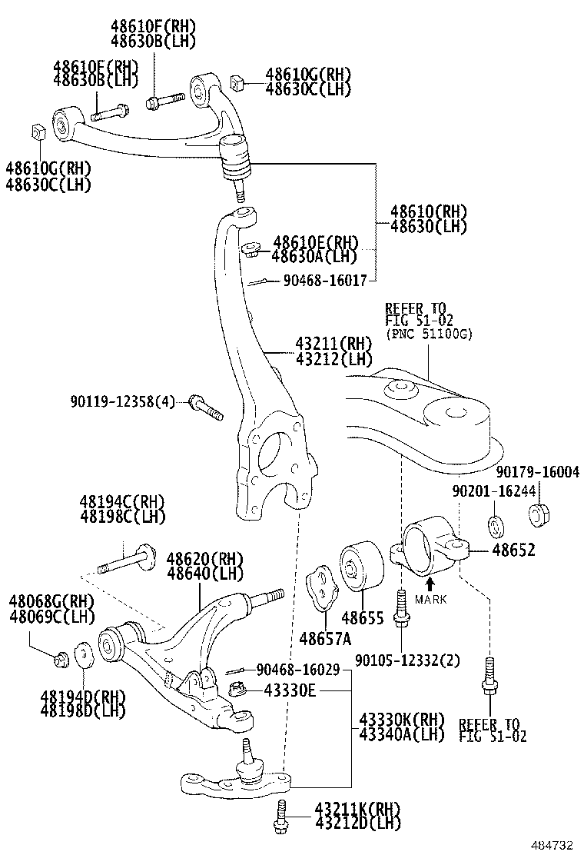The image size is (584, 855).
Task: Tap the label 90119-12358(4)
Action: [123, 401]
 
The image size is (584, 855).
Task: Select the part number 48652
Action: [513, 551]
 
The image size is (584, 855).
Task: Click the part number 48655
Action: [363, 617]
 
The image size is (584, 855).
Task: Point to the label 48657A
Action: [325, 637]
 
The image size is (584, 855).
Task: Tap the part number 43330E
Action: [290, 690]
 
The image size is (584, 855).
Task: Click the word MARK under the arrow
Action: [430, 599]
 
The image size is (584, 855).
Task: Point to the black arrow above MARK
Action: [430, 584]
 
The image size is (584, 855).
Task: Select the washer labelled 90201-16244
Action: [496, 527]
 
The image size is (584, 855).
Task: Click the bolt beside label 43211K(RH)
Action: [280, 815]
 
